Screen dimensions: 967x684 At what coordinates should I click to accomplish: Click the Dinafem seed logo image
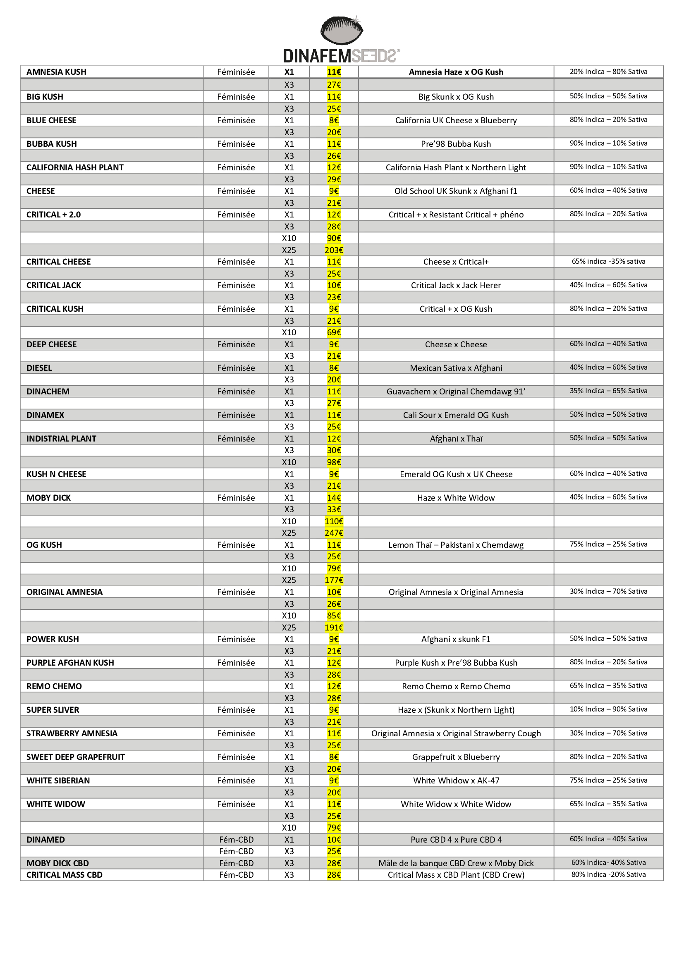(x=342, y=30)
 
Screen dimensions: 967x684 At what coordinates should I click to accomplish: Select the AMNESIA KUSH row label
(x=56, y=72)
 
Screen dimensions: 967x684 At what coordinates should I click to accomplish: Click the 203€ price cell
(x=334, y=250)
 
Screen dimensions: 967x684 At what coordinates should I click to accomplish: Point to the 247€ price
(x=334, y=533)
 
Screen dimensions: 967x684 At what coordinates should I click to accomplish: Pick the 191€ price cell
(x=334, y=628)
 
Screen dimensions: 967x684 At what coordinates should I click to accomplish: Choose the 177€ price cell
(x=334, y=580)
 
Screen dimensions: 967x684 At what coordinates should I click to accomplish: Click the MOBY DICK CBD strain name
(x=58, y=863)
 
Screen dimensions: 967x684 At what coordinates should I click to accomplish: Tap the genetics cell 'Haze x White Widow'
(x=456, y=498)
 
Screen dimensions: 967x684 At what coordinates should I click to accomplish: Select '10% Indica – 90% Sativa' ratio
(x=609, y=709)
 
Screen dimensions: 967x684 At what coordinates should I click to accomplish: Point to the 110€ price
(x=334, y=521)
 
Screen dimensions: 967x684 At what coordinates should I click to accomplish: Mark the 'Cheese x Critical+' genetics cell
(x=456, y=262)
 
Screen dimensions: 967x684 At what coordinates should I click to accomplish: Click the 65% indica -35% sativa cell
(x=609, y=262)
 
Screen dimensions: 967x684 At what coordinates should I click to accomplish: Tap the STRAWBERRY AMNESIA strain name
(x=72, y=734)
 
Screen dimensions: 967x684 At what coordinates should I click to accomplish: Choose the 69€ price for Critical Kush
(x=334, y=333)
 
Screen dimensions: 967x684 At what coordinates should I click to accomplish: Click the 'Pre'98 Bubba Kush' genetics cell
(x=456, y=144)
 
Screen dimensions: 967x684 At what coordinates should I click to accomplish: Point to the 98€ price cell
(x=334, y=463)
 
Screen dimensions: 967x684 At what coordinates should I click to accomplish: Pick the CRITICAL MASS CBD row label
(x=65, y=875)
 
